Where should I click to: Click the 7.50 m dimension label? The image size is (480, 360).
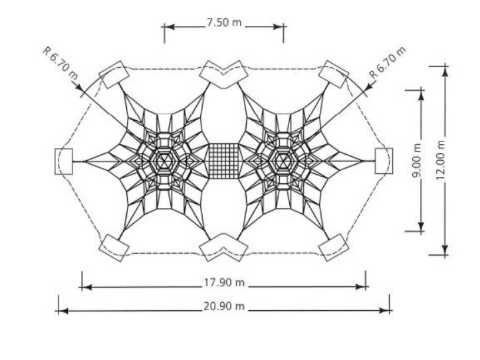click(x=224, y=23)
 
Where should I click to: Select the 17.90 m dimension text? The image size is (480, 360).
click(x=224, y=282)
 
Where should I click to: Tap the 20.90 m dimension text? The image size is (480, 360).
click(x=224, y=306)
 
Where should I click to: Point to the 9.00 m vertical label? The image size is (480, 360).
click(x=417, y=161)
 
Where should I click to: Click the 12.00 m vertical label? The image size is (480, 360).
click(x=440, y=160)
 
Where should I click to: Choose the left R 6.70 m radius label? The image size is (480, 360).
click(x=60, y=63)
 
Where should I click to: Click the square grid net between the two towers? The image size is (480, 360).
click(x=224, y=161)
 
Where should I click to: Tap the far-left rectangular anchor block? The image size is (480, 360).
click(x=64, y=161)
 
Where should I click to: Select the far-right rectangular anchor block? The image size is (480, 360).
click(x=384, y=161)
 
